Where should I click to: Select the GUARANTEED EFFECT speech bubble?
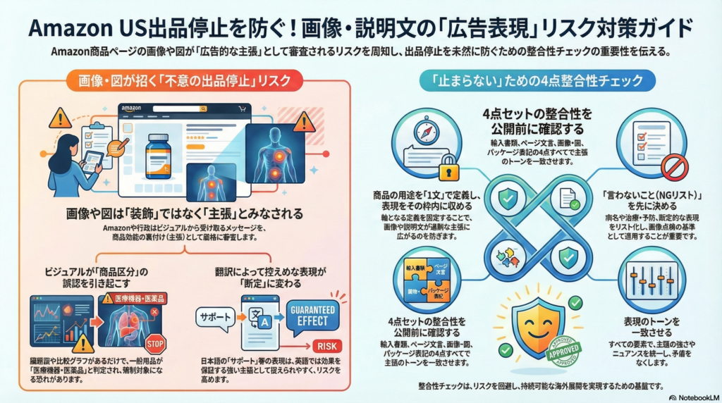point(312,314)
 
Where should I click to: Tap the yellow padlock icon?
point(447,169)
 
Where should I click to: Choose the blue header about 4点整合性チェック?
point(537,81)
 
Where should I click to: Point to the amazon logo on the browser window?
point(132,108)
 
